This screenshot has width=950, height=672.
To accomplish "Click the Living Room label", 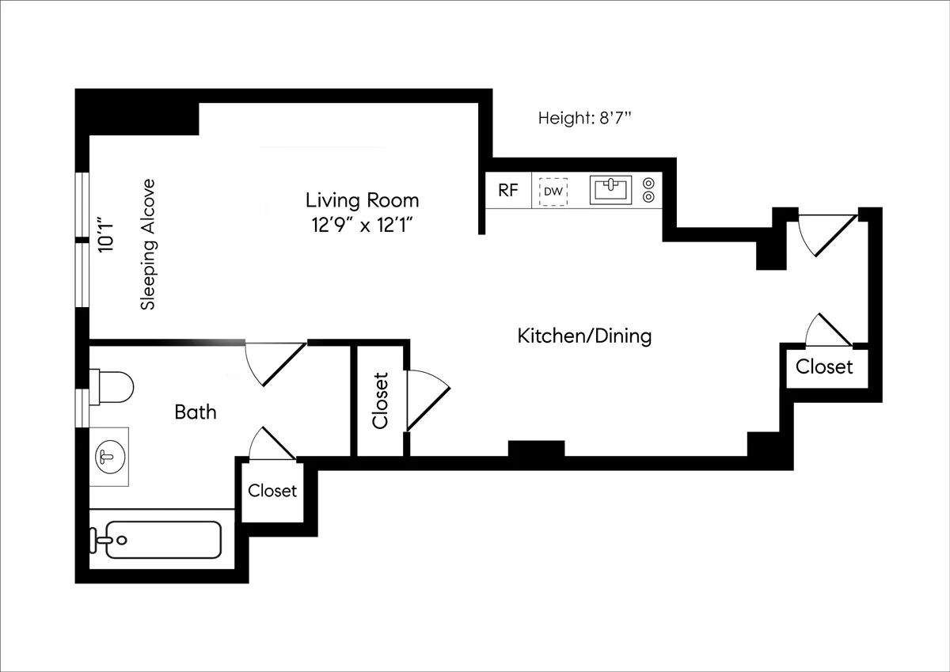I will [x=362, y=199].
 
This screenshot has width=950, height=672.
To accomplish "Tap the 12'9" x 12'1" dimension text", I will [x=362, y=225].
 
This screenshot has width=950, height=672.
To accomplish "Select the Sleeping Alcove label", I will [x=147, y=244].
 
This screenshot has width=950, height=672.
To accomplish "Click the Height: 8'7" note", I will [x=584, y=119].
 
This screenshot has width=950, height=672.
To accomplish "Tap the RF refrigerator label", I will [x=507, y=191].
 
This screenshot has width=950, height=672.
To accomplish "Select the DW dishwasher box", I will [x=553, y=192].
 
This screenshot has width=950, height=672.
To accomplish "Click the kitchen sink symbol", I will [x=610, y=190].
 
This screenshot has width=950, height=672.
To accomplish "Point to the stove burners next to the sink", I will [x=649, y=190].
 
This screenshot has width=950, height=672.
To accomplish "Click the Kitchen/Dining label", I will [x=584, y=336].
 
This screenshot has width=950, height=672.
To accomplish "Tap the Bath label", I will [x=195, y=412].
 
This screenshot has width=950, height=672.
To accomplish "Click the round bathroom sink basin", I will [x=108, y=456].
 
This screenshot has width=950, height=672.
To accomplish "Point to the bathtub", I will [x=162, y=540].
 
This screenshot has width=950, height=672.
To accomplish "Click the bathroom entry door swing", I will [x=273, y=363].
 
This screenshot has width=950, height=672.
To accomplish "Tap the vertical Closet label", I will [x=381, y=401].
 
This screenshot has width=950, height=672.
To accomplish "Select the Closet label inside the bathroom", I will [x=272, y=491].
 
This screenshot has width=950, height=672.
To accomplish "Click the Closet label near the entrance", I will [x=824, y=367].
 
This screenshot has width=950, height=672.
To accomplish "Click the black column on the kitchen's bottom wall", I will [x=536, y=449].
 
